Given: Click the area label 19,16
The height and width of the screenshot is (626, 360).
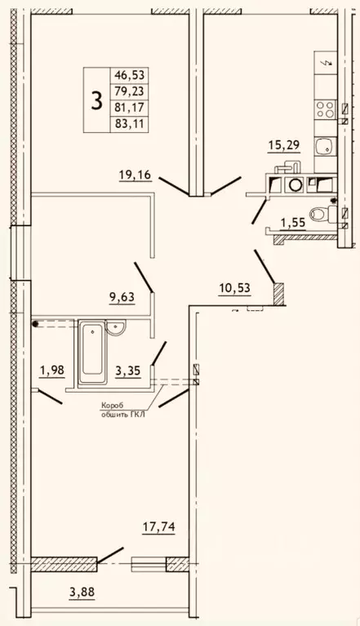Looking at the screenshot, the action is click(136, 175).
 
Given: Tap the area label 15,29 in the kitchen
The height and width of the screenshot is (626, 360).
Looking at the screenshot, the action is click(283, 145).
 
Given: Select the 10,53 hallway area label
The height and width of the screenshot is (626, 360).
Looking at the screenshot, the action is click(234, 288).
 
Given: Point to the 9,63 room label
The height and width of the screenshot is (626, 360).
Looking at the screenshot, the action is click(122, 297).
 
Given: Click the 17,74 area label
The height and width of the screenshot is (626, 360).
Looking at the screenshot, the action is click(159, 527).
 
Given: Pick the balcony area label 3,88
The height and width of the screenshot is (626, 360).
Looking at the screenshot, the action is click(82, 592).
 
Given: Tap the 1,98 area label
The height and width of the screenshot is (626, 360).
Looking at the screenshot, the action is click(52, 371).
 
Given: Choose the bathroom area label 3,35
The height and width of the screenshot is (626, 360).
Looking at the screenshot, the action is click(127, 371).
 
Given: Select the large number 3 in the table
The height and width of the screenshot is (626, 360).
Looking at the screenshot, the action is click(96, 100).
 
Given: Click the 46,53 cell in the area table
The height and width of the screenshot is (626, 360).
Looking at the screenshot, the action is click(129, 74).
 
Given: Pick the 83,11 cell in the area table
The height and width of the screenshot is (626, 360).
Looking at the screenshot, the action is click(129, 124).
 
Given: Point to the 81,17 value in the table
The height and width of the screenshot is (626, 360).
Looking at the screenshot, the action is click(129, 108).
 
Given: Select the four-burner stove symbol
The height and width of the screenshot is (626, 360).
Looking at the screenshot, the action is click(325, 109).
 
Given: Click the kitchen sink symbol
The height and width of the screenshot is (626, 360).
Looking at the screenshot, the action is click(325, 147).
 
